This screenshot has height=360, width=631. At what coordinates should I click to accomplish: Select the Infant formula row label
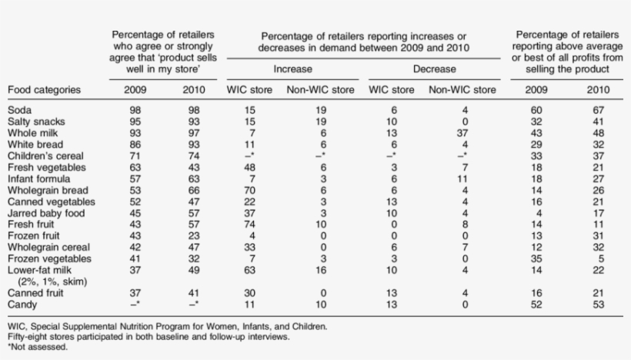click(36, 178)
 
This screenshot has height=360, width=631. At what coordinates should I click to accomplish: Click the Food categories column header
click(44, 90)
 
